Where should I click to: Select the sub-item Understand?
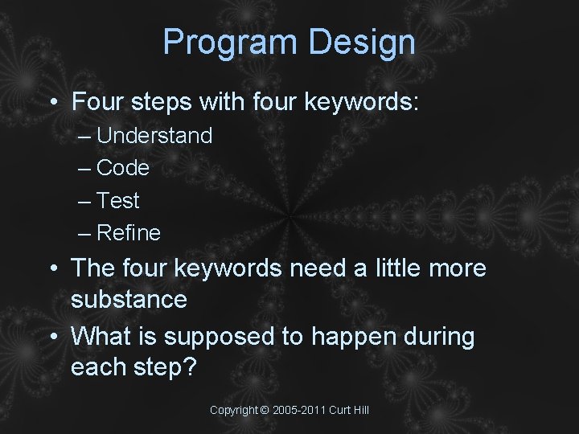coord(154,136)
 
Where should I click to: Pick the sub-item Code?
coord(123,168)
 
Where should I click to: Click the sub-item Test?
coord(118,201)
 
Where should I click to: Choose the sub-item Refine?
coord(129,233)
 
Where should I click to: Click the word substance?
coord(129,300)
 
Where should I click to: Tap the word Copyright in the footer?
coord(233,411)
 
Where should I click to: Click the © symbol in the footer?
coord(265,411)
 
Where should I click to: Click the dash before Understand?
coord(85,137)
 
